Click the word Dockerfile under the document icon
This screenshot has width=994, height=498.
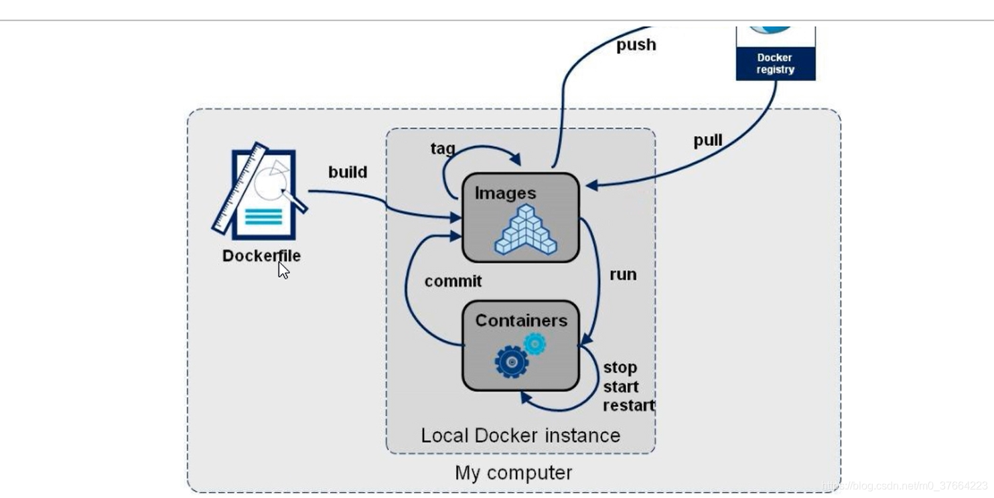(x=261, y=256)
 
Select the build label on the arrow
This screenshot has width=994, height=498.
(x=348, y=172)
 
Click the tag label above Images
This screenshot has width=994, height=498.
(x=443, y=148)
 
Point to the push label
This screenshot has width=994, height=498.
(x=636, y=45)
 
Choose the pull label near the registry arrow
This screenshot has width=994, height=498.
(x=707, y=141)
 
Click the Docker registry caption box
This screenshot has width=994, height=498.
(x=776, y=64)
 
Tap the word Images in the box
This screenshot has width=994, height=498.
(x=506, y=193)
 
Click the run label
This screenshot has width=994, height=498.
(x=623, y=274)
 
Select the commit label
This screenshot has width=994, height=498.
(x=453, y=281)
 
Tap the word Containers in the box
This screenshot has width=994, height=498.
(x=521, y=321)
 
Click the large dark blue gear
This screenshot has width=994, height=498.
(x=512, y=361)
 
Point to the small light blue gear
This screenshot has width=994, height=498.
(x=535, y=344)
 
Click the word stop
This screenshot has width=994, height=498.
(x=620, y=367)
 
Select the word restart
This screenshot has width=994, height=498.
(x=628, y=406)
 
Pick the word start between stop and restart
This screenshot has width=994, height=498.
(x=621, y=387)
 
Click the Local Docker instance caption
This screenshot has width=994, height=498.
(x=520, y=436)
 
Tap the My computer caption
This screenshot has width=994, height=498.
(x=513, y=473)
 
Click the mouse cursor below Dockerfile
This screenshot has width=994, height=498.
(x=283, y=270)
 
